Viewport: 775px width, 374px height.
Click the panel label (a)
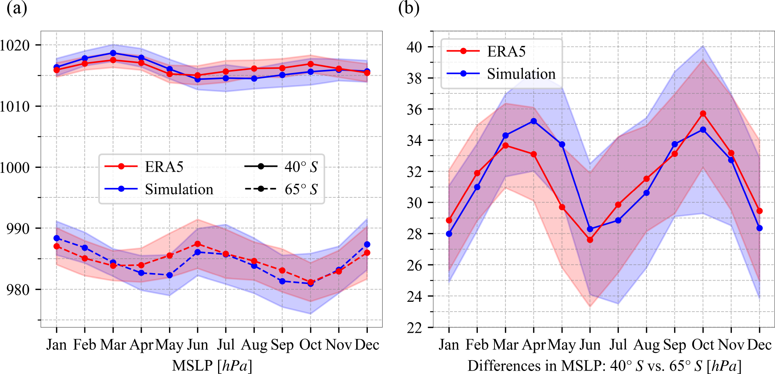(17, 8)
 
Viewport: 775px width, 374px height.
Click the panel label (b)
(409, 8)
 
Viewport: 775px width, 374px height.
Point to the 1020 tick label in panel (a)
(15, 45)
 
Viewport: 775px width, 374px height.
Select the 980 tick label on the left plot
(18, 290)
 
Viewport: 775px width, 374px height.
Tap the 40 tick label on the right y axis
(414, 47)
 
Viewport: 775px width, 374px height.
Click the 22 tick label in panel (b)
(414, 327)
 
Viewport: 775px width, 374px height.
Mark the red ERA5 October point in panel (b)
(703, 113)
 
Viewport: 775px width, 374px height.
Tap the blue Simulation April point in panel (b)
(534, 121)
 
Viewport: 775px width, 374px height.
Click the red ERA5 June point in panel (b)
(590, 240)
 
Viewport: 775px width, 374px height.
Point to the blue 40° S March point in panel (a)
(113, 53)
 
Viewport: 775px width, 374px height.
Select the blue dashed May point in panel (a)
(170, 275)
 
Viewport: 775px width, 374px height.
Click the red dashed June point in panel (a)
(197, 244)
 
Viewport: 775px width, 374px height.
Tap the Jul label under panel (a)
(226, 345)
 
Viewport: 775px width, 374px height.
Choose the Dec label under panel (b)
(759, 345)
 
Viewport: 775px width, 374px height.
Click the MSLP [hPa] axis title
(212, 366)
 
